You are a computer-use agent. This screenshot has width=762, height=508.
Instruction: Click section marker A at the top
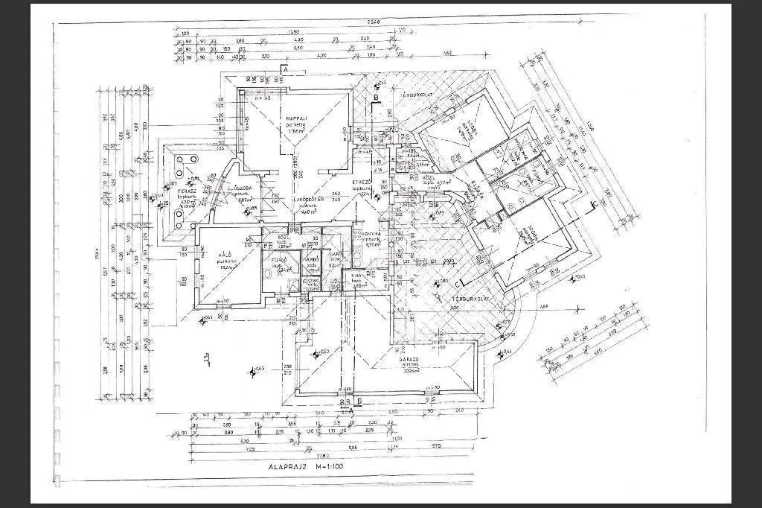pos(284,69)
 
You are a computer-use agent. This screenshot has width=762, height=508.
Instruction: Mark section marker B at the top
pos(376,98)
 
